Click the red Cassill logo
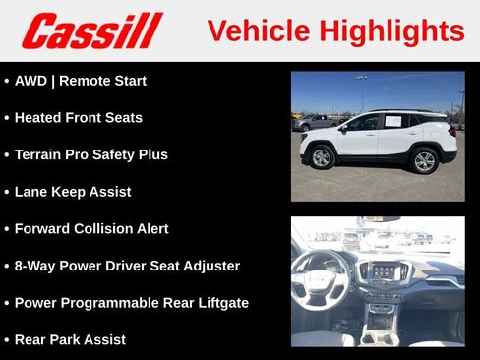pos(91,30)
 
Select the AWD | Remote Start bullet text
pos(80,81)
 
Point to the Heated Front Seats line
pos(78,118)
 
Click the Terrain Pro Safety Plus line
pos(90,154)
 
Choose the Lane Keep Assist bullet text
pos(72,192)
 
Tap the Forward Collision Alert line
pos(90,228)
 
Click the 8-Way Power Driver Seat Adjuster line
pos(127,266)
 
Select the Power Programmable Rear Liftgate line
pos(131,303)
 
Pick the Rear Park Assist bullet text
pos(70,339)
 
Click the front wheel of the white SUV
pos(322,157)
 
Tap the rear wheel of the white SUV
pos(424,160)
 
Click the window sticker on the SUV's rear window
pos(393,121)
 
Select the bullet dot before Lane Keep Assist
pos(7,192)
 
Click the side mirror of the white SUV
pos(343,127)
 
